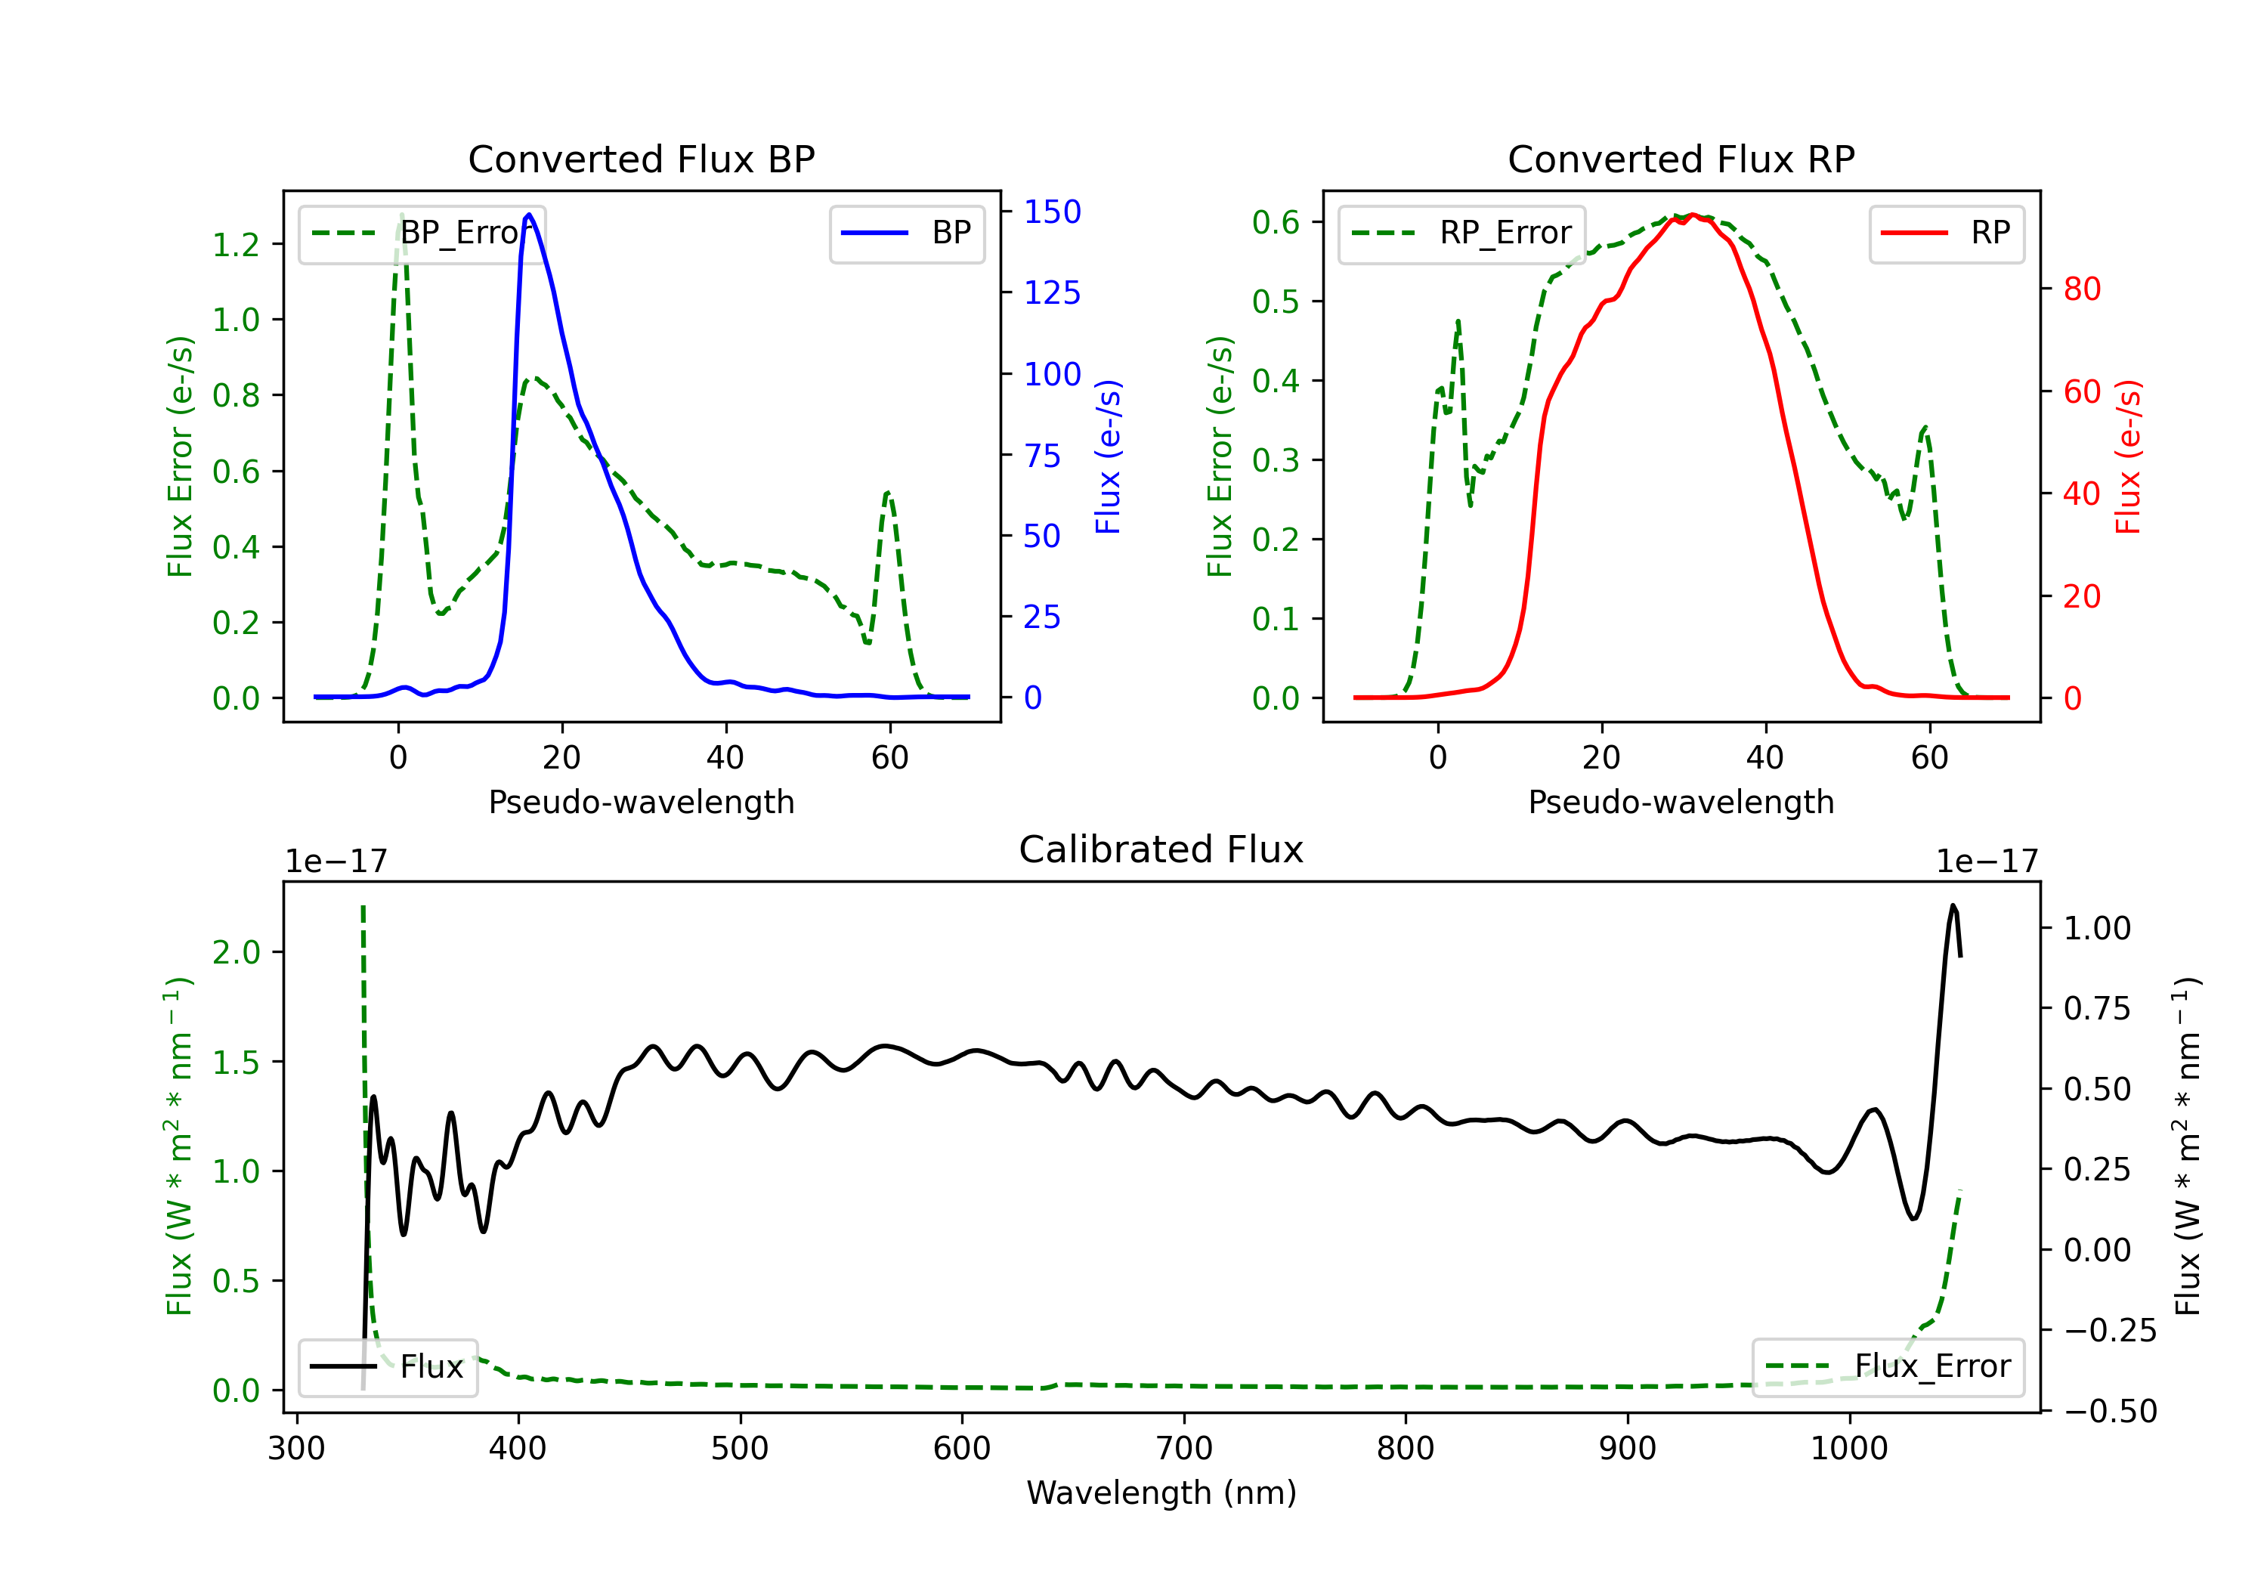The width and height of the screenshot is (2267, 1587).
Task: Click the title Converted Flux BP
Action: pos(641,159)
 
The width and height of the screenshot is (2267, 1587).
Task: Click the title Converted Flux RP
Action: pos(1681,159)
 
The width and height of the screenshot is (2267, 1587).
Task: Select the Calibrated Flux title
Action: pos(1161,849)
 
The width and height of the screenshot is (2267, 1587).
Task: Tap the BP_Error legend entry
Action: pos(422,233)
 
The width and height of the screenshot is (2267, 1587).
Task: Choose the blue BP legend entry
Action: pos(906,233)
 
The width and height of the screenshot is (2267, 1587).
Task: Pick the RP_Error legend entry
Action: pos(1461,233)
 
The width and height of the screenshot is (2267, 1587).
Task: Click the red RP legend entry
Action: pos(1946,233)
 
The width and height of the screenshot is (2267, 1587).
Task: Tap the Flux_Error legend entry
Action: pos(1888,1367)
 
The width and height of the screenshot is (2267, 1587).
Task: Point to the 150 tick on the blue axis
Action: pos(1053,212)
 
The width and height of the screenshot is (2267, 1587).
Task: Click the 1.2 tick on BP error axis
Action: pos(236,244)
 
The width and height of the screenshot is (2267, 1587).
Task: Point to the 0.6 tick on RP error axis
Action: pos(1276,221)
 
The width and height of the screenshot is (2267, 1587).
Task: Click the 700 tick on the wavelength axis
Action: pos(1184,1449)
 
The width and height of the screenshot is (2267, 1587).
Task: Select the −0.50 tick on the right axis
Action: pos(2110,1411)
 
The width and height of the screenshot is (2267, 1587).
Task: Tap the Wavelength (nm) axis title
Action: pos(1161,1493)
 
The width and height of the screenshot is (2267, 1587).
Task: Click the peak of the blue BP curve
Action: pos(529,215)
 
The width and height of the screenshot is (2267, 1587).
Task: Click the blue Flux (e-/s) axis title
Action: pos(1108,456)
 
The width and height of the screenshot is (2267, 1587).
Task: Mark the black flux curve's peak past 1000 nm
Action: pos(1953,905)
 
